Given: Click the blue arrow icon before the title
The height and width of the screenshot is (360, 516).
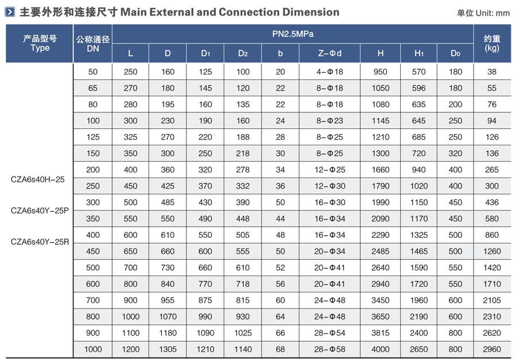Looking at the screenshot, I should point(10,12).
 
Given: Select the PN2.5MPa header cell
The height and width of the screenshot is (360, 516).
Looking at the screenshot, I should point(292,34).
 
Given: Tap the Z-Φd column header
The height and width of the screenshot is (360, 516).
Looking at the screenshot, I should point(330,53).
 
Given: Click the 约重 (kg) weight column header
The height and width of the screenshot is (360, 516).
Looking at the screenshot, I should point(491,44).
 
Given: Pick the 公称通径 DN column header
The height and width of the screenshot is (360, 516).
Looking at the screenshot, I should point(93,44).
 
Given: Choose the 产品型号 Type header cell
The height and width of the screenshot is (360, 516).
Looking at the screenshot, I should point(40,44).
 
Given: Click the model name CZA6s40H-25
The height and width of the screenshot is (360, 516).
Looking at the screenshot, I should point(38,179).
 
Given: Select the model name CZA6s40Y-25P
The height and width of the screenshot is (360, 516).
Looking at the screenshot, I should point(40,210).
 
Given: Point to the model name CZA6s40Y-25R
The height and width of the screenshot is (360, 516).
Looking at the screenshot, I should point(40,241).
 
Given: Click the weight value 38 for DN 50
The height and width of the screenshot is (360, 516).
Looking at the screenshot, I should point(491,72).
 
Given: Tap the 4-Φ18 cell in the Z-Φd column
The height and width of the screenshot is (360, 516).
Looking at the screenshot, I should point(330,72).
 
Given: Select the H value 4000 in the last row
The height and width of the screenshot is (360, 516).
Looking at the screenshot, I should point(381,349).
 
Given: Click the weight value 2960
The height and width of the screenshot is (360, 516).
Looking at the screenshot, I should point(491,349).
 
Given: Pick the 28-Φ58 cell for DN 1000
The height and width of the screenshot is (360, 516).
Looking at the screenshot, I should point(330,349).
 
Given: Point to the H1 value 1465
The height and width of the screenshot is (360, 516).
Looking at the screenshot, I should point(419,251).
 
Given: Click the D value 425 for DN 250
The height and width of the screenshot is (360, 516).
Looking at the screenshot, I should point(167,186).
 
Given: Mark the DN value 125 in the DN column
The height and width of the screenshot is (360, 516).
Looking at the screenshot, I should point(93,137).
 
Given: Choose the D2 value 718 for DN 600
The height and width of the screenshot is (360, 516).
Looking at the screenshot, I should point(243,284).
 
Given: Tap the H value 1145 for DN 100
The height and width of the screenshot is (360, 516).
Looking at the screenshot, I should point(381,120).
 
